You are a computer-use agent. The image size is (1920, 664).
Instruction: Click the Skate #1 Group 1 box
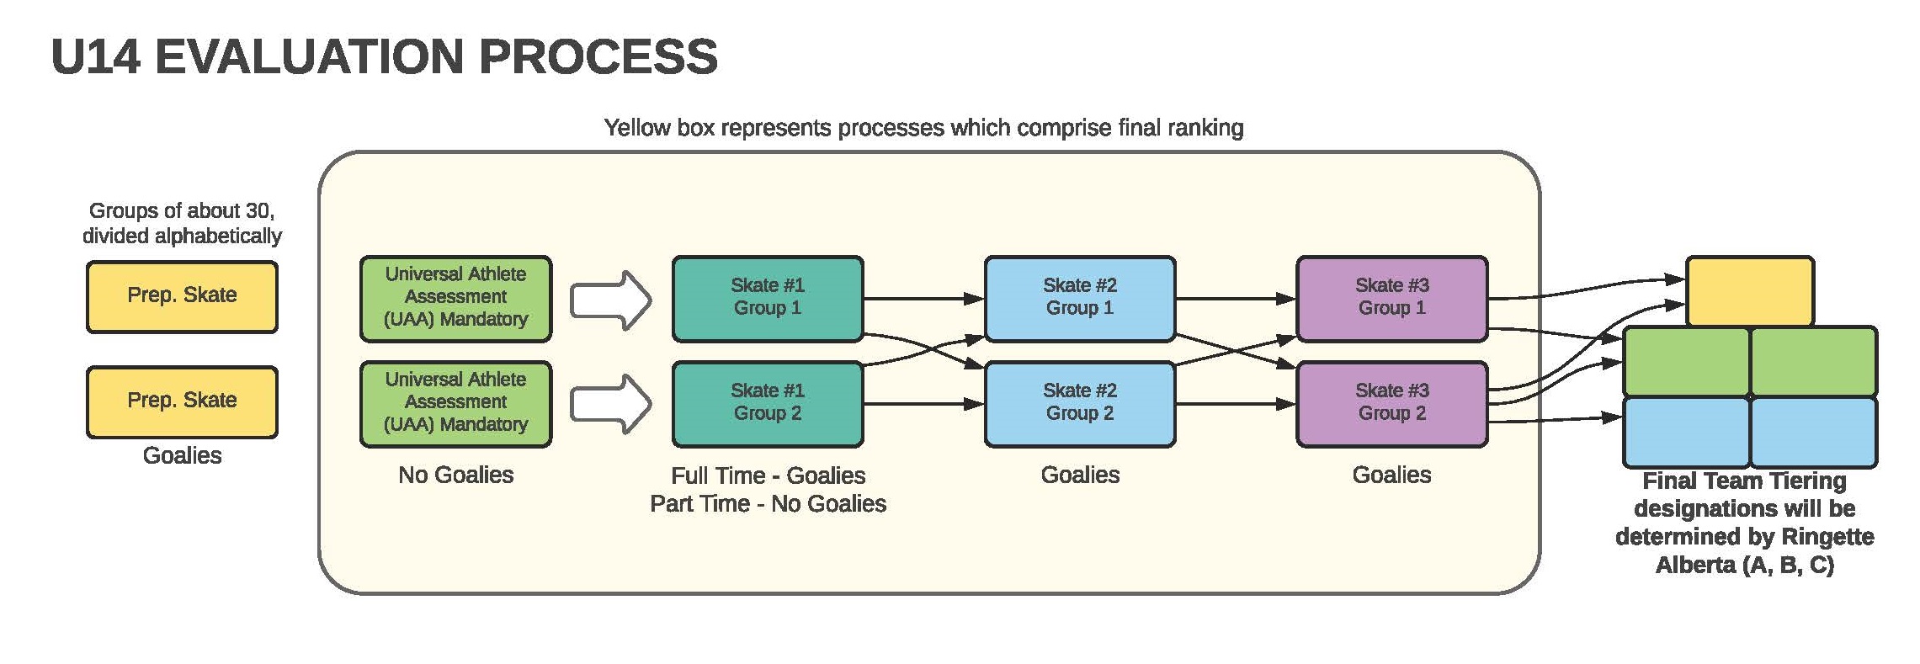point(768,299)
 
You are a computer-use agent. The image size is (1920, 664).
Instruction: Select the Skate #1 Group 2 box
point(768,404)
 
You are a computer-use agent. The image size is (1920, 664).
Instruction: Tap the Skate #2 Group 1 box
point(1080,299)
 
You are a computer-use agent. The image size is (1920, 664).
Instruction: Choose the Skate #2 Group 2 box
point(1080,404)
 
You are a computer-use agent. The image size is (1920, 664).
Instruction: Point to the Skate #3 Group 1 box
point(1392,299)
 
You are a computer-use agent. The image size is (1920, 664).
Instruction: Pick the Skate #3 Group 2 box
point(1392,404)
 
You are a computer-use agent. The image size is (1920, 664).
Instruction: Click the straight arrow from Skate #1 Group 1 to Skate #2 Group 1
point(924,299)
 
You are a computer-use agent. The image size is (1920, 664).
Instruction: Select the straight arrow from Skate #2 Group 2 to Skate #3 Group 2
point(1237,404)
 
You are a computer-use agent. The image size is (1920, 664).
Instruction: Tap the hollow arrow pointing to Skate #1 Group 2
point(610,404)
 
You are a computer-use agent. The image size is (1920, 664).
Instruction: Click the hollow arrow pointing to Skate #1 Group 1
point(610,300)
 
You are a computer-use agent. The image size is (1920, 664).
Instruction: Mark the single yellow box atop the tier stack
point(1750,291)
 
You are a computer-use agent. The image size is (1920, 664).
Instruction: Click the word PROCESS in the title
point(598,57)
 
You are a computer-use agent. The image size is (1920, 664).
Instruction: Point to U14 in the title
point(95,57)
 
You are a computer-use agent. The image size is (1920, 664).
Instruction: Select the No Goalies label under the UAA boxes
point(455,475)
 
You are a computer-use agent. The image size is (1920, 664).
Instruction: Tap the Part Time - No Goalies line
point(769,503)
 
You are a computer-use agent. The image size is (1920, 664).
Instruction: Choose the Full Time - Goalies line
point(769,475)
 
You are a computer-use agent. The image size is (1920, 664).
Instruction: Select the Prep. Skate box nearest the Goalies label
point(182,402)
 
